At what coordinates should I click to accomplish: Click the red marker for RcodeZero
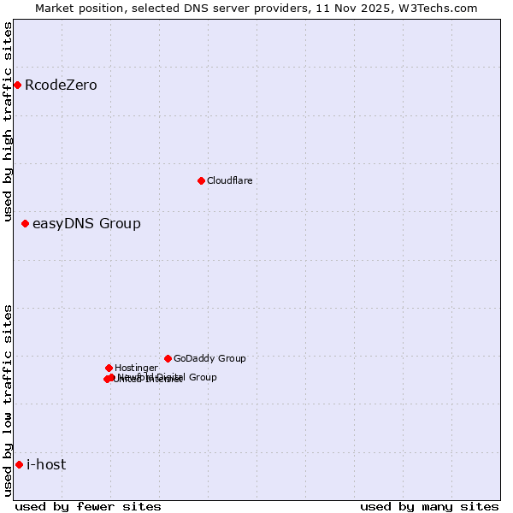click(17, 85)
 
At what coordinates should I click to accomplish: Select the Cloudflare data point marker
click(201, 180)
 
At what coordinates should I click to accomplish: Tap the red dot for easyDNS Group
click(25, 223)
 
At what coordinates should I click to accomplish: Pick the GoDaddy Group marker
click(168, 358)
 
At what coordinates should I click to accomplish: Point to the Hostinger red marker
click(109, 368)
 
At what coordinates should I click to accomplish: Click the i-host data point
click(19, 464)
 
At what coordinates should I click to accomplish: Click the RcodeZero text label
click(61, 85)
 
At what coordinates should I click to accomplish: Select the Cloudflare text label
click(230, 180)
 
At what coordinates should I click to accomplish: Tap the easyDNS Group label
click(86, 224)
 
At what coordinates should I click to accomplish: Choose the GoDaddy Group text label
click(209, 358)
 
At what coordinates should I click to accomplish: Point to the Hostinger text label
click(136, 368)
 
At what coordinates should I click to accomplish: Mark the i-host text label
click(46, 464)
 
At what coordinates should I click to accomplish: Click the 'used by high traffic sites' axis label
click(8, 121)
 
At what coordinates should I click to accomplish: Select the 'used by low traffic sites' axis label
click(8, 399)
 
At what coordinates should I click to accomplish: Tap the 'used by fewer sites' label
click(88, 506)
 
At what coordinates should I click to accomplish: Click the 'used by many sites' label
click(429, 506)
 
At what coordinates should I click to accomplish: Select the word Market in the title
click(56, 8)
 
